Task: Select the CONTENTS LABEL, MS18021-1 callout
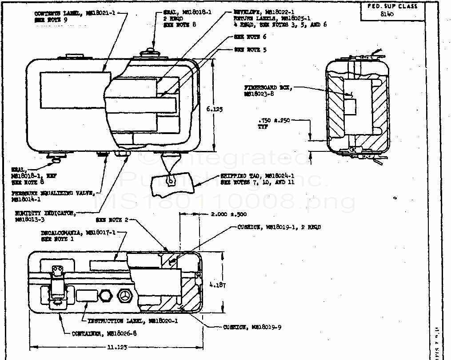point(74,14)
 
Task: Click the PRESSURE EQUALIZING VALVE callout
point(53,194)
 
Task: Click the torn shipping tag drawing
point(173,185)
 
